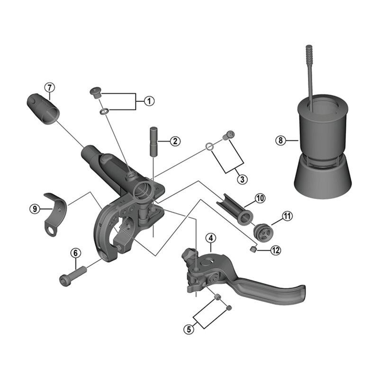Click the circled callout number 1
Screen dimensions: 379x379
pyautogui.click(x=148, y=101)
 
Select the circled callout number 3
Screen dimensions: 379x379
pyautogui.click(x=242, y=179)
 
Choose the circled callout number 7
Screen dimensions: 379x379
pyautogui.click(x=50, y=87)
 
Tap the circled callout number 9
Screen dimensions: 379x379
pyautogui.click(x=34, y=208)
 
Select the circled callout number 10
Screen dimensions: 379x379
pyautogui.click(x=261, y=199)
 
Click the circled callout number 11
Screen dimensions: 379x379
pyautogui.click(x=288, y=217)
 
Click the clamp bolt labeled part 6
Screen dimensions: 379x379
pyautogui.click(x=72, y=275)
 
